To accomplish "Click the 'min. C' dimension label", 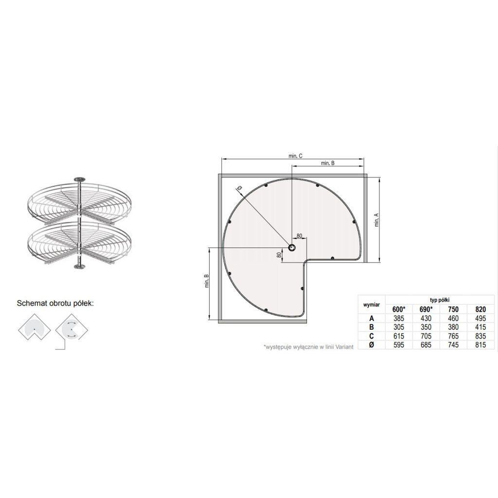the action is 295,156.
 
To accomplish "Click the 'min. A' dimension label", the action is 377,219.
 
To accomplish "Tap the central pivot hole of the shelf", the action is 292,248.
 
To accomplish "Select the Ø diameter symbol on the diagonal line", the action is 239,188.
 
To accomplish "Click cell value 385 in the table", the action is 399,318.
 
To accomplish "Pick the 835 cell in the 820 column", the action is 480,336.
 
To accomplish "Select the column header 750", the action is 453,309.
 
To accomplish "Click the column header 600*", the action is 399,309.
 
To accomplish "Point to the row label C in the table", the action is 372,336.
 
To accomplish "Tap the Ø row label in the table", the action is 372,345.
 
